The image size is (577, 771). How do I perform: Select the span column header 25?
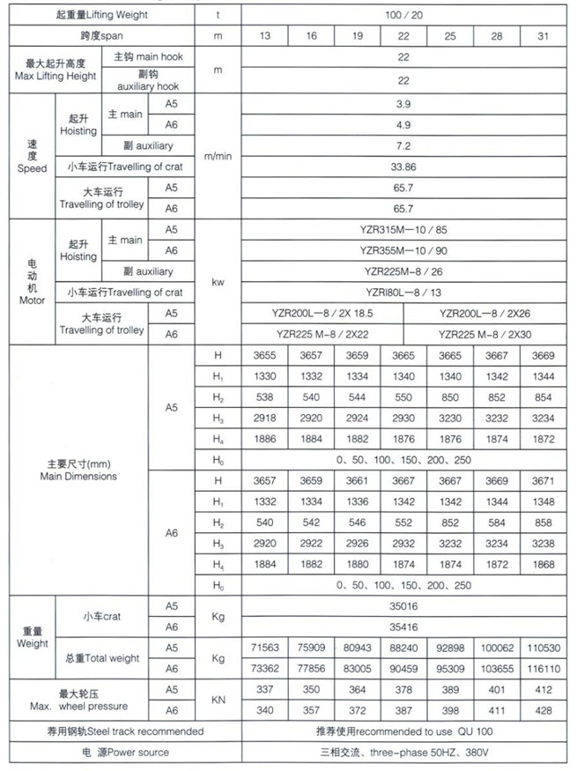(x=450, y=37)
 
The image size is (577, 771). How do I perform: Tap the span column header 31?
(x=543, y=37)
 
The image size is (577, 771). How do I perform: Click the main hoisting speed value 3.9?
(x=403, y=104)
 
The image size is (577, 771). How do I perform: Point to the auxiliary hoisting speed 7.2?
(x=403, y=145)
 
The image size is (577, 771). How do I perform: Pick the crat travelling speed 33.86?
(x=403, y=167)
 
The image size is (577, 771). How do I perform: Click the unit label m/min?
(x=217, y=156)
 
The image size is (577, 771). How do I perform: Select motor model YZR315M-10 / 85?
(x=403, y=230)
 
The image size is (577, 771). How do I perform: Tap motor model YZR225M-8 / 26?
(x=403, y=271)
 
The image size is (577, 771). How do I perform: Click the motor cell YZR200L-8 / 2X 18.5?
(x=322, y=313)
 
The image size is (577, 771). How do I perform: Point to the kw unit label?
(x=217, y=283)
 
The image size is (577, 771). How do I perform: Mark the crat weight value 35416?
(x=403, y=627)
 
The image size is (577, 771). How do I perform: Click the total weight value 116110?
(x=543, y=670)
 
